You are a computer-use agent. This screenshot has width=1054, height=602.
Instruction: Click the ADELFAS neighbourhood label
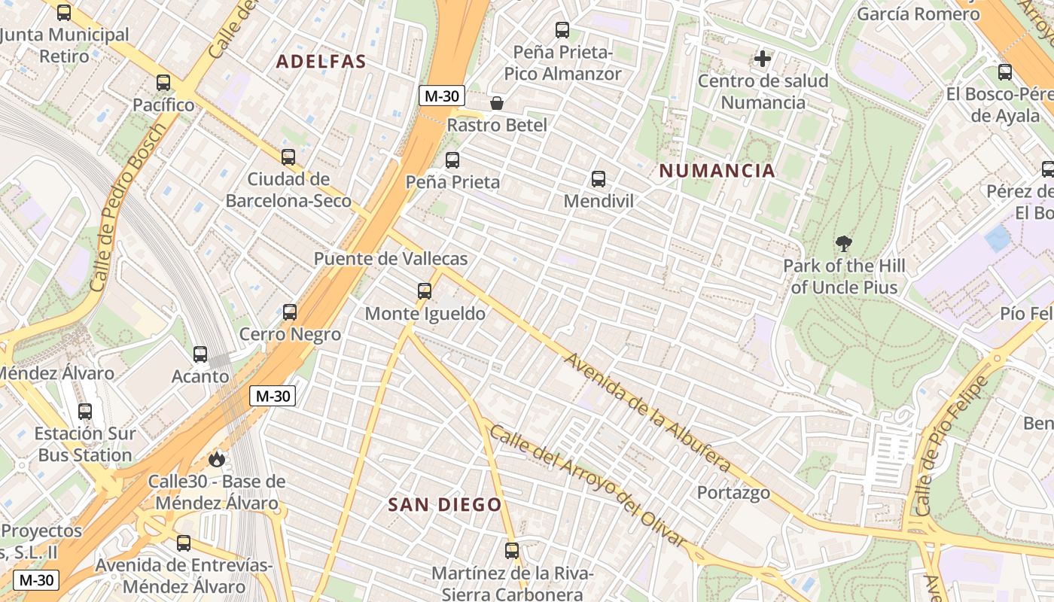tap(321, 62)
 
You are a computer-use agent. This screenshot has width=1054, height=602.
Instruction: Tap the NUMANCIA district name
tap(717, 171)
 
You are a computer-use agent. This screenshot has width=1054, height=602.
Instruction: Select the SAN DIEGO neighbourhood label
tap(444, 504)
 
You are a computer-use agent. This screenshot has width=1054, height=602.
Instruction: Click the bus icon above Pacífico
tap(163, 83)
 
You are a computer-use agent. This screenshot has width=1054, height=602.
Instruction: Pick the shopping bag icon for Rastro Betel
tap(496, 103)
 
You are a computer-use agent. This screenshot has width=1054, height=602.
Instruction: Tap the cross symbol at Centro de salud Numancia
tap(763, 58)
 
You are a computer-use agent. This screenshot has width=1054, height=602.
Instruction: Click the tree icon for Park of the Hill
tap(843, 244)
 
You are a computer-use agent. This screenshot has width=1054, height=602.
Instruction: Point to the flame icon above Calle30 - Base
tap(217, 459)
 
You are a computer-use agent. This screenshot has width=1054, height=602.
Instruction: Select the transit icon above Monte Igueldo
tap(425, 291)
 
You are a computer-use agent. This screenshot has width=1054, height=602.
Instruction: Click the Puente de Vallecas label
tap(390, 259)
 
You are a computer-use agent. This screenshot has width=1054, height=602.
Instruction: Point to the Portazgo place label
tap(733, 493)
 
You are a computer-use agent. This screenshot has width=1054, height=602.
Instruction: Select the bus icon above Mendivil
tap(599, 179)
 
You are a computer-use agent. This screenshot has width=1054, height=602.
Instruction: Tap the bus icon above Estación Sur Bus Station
tap(85, 412)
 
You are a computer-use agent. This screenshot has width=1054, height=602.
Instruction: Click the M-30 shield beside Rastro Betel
tap(442, 96)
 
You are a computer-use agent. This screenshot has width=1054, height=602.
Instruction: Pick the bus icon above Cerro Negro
tap(290, 312)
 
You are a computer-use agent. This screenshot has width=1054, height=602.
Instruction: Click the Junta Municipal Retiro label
tap(65, 45)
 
